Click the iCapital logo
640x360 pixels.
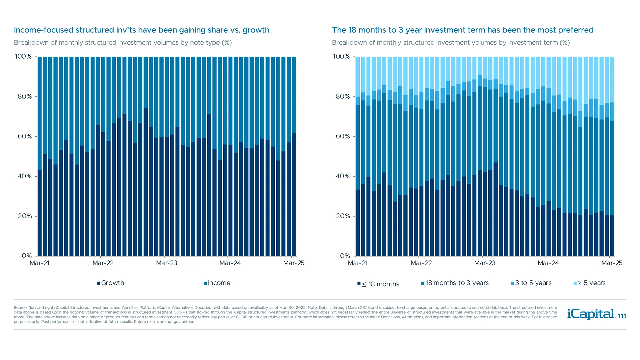pyautogui.click(x=591, y=314)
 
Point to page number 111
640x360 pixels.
pyautogui.click(x=622, y=316)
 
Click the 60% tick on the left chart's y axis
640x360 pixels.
pyautogui.click(x=25, y=136)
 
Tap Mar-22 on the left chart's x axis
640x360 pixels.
pyautogui.click(x=103, y=263)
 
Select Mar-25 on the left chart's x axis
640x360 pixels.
pyautogui.click(x=293, y=263)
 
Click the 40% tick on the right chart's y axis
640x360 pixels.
pyautogui.click(x=343, y=176)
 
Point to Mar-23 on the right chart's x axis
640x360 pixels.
pyautogui.click(x=484, y=263)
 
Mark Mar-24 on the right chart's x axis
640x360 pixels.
pyautogui.click(x=548, y=263)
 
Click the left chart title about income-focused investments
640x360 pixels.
pyautogui.click(x=141, y=30)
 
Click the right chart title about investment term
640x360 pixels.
pyautogui.click(x=463, y=30)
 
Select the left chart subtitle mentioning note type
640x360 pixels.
pyautogui.click(x=123, y=43)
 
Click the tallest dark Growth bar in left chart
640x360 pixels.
pyautogui.click(x=146, y=183)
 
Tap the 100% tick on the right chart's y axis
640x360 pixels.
pyautogui.click(x=341, y=57)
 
